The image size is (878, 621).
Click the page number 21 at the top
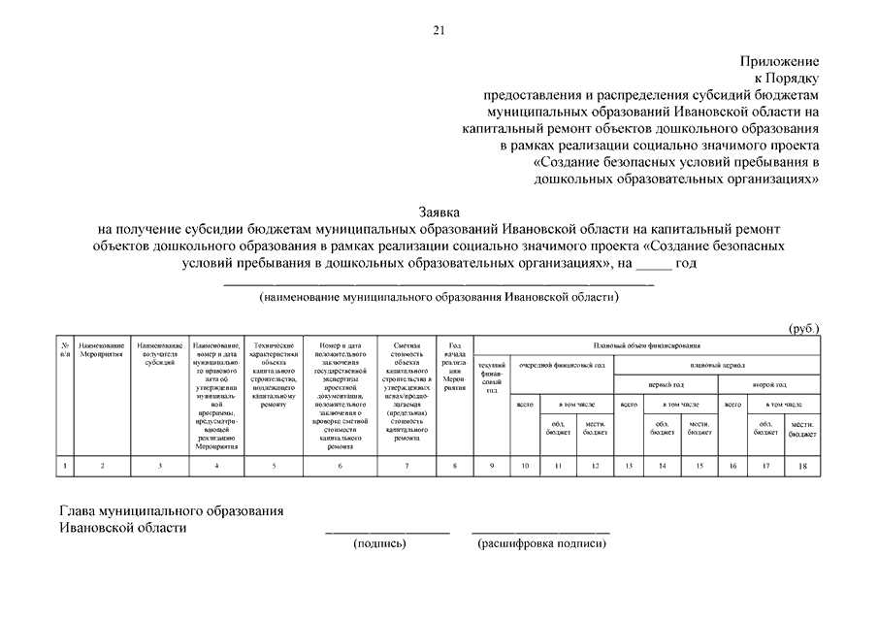point(439,31)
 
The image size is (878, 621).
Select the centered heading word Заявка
point(439,211)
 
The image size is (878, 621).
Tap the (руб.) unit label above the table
point(803,328)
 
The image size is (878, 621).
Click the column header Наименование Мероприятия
point(102,350)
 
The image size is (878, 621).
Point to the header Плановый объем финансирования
point(646,344)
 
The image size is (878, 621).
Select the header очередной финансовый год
point(562,365)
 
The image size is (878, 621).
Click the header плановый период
point(717,365)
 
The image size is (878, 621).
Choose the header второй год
point(769,384)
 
